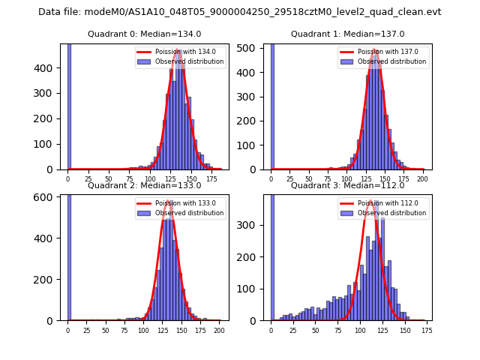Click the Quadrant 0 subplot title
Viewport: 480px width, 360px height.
tap(144, 34)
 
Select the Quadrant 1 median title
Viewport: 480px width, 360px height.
tap(347, 34)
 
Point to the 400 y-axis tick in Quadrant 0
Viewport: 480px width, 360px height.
tap(46, 67)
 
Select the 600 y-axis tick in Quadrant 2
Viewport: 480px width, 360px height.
tap(46, 197)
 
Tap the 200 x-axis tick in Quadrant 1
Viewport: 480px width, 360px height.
tap(424, 178)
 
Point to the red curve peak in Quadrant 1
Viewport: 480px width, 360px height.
tap(375, 51)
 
